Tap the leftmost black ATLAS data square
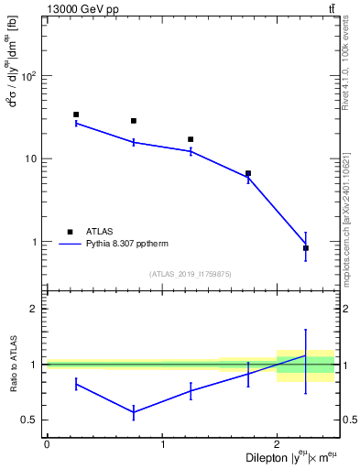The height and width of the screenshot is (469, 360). [x=76, y=115]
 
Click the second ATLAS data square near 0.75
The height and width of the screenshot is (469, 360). [x=134, y=121]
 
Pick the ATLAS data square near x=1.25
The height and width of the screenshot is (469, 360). [x=191, y=139]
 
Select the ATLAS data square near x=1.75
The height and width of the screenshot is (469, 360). [x=248, y=173]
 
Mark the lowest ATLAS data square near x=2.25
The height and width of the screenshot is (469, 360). [x=306, y=248]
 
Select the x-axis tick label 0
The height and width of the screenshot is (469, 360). [x=47, y=444]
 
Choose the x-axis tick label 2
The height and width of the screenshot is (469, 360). [x=277, y=444]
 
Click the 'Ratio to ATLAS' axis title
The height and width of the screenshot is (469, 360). [x=13, y=364]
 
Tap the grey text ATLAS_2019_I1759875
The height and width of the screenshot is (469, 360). [x=191, y=274]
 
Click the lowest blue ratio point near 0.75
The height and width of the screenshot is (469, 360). [x=134, y=413]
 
